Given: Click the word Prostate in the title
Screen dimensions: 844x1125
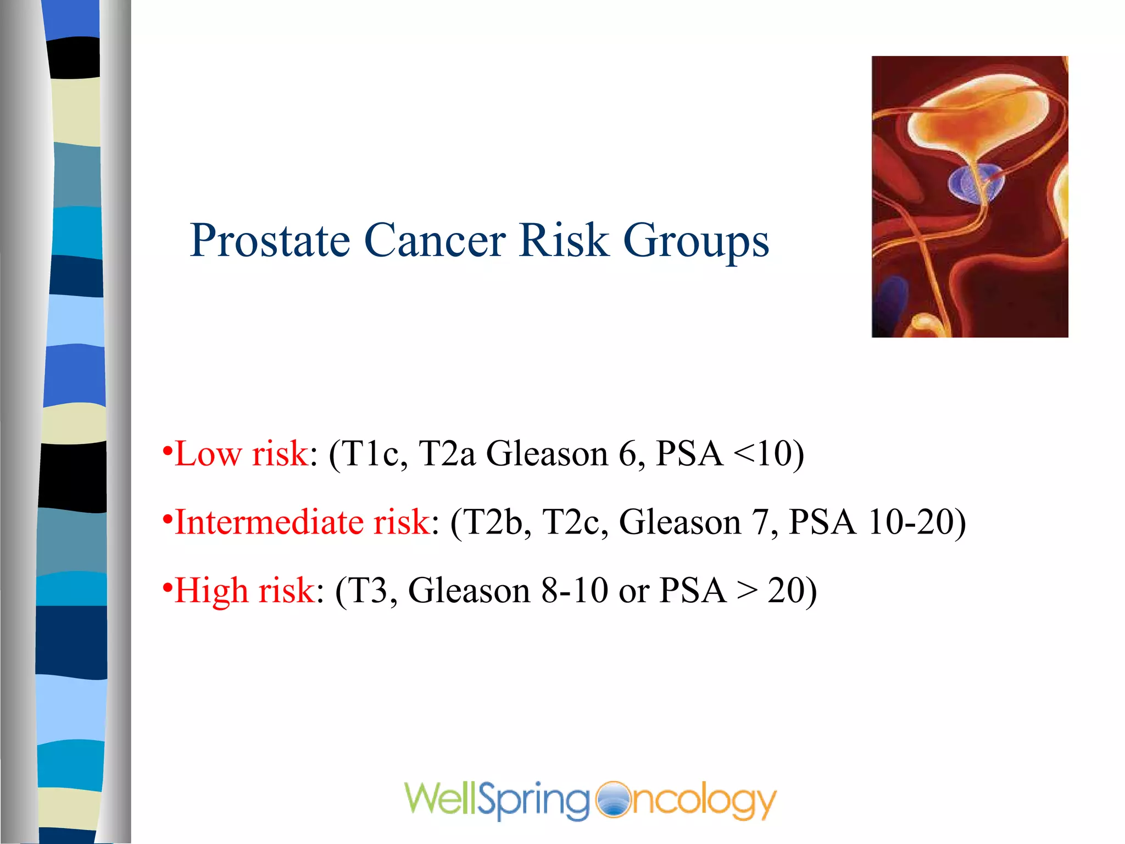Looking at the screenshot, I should coord(270,242).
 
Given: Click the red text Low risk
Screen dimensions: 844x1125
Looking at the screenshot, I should coord(241,454).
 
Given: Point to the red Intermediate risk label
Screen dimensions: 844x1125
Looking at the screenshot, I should coord(302,523).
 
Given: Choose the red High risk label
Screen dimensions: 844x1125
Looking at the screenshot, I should coord(244,591).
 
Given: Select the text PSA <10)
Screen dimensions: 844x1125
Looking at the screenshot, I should coord(730,454).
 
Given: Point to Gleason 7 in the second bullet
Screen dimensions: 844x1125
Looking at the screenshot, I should coord(698,523).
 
